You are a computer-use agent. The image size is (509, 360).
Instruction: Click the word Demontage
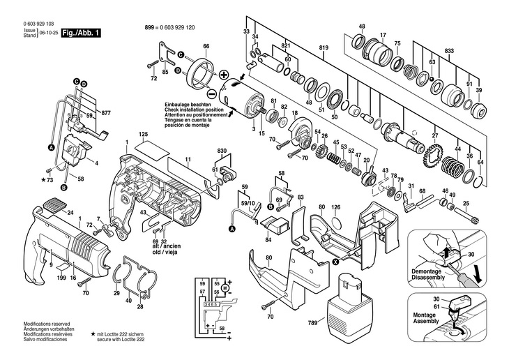[x=425, y=271]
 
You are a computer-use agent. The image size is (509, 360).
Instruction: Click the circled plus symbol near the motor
[x=224, y=75]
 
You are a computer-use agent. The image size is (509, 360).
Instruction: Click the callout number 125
[x=142, y=134]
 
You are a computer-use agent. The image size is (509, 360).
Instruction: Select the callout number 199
[x=61, y=278]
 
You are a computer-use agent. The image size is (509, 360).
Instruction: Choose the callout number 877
[x=106, y=113]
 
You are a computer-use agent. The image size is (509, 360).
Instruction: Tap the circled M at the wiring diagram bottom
[x=226, y=337]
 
